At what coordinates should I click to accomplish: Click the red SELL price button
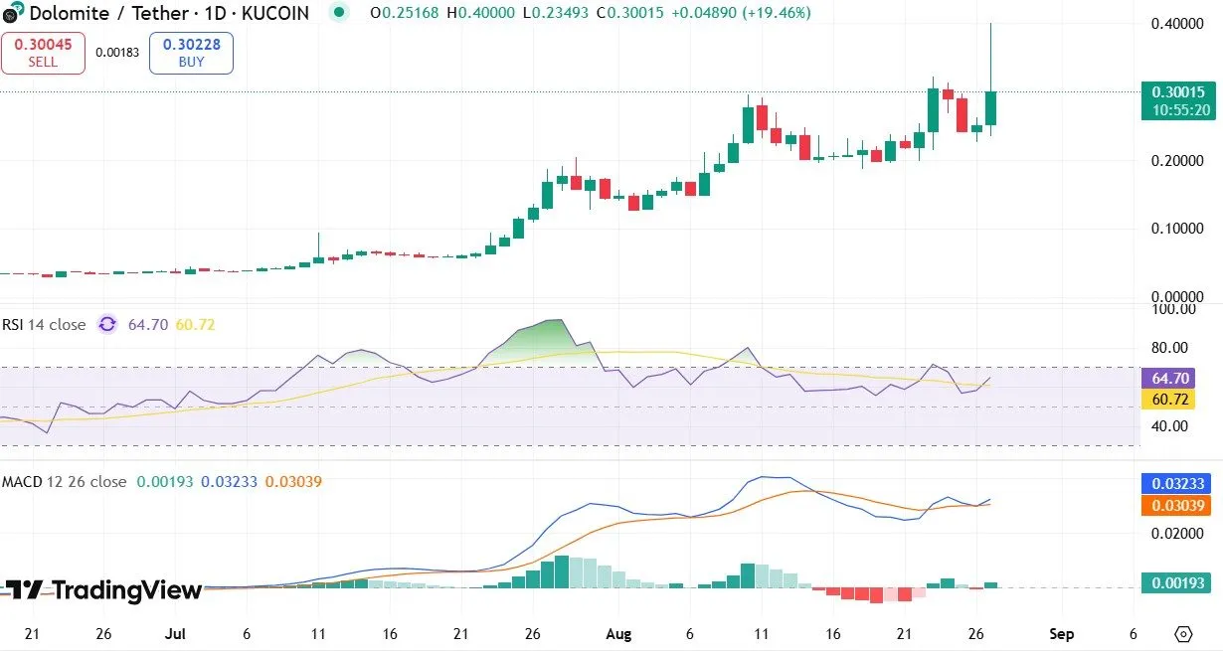[x=43, y=53]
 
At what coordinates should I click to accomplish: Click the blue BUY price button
[x=191, y=53]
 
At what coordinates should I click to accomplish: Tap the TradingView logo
[x=103, y=590]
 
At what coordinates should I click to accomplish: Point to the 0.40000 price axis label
[x=1177, y=23]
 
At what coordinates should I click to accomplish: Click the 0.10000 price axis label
[x=1177, y=229]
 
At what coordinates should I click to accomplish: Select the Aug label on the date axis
[x=618, y=634]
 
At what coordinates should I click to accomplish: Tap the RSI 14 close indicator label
[x=45, y=324]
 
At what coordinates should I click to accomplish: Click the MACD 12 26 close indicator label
[x=64, y=481]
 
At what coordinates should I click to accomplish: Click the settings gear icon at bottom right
[x=1183, y=634]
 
